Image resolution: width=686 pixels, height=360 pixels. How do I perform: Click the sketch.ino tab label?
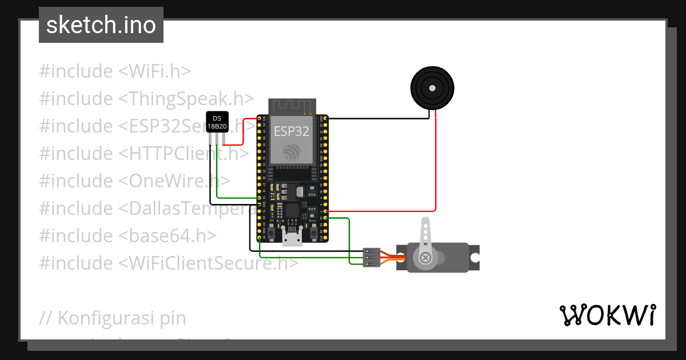tap(101, 25)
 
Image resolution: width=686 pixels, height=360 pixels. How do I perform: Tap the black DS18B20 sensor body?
tap(217, 122)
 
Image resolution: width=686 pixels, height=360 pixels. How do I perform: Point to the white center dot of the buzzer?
tap(432, 88)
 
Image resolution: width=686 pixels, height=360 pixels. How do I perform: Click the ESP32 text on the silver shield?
tap(292, 131)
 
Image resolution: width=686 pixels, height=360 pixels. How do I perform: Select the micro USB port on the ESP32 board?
tap(292, 238)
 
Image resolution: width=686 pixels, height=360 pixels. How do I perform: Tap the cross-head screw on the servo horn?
tap(425, 258)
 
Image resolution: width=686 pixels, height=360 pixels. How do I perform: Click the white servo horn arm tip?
tap(425, 223)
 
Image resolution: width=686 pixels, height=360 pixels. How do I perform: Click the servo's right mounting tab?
tap(474, 258)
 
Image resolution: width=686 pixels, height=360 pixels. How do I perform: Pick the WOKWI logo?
tap(607, 315)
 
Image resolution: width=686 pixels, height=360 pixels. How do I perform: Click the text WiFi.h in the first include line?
tap(154, 71)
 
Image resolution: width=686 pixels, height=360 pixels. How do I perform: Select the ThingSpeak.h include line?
tap(146, 99)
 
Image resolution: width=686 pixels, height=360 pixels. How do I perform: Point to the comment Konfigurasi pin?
tap(113, 318)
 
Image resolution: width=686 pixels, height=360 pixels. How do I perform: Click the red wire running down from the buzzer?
tap(436, 166)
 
